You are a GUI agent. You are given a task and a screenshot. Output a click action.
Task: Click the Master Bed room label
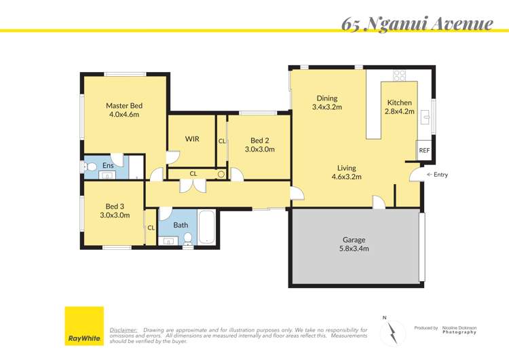(x=124, y=105)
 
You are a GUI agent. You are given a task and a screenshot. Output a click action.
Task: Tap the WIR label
(x=192, y=139)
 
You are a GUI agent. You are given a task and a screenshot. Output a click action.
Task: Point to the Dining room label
(x=326, y=98)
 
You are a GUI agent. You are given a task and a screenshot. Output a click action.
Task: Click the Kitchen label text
(x=398, y=103)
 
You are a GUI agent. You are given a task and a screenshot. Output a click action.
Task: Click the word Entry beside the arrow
(x=440, y=175)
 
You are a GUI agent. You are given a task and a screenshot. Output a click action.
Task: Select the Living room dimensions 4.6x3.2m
(x=347, y=177)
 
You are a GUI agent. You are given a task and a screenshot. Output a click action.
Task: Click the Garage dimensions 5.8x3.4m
(x=354, y=249)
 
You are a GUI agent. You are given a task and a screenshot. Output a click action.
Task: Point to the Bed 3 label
(x=115, y=206)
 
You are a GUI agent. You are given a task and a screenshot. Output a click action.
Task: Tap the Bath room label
(x=181, y=225)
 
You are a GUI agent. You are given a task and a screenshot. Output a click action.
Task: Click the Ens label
(x=108, y=165)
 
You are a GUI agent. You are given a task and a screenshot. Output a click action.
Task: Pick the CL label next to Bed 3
(x=151, y=228)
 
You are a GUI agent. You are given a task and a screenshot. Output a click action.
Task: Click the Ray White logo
(x=84, y=326)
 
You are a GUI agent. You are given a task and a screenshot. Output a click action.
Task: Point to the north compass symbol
(x=392, y=330)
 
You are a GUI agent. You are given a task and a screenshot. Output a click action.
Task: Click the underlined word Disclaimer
(x=124, y=329)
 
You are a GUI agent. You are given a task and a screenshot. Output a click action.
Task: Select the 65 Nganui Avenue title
(x=417, y=24)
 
